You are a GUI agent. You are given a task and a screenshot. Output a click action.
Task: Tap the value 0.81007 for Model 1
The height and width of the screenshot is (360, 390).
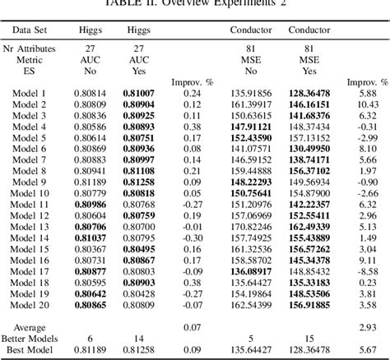point(138,94)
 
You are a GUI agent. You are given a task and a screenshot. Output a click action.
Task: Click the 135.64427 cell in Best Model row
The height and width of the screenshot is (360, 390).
point(250,349)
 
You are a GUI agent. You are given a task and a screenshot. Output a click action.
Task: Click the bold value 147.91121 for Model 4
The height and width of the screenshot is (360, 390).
point(250,127)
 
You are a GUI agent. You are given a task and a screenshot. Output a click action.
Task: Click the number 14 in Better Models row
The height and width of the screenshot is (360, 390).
point(138,338)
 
